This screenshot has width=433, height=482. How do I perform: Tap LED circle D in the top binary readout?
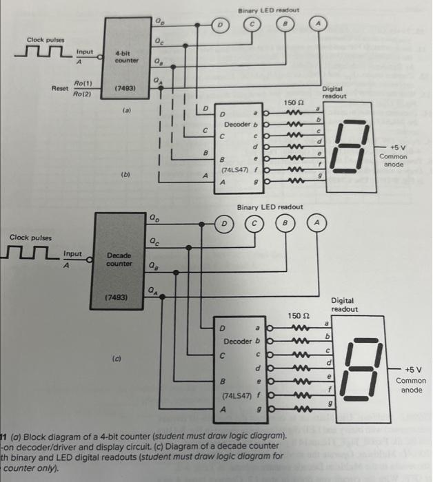[x=221, y=25]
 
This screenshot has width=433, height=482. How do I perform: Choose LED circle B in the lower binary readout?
[x=285, y=224]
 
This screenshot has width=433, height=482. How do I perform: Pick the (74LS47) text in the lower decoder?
[x=239, y=396]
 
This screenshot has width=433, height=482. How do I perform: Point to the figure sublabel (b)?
[x=124, y=175]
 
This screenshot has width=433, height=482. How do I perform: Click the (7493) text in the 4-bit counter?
[x=125, y=89]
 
